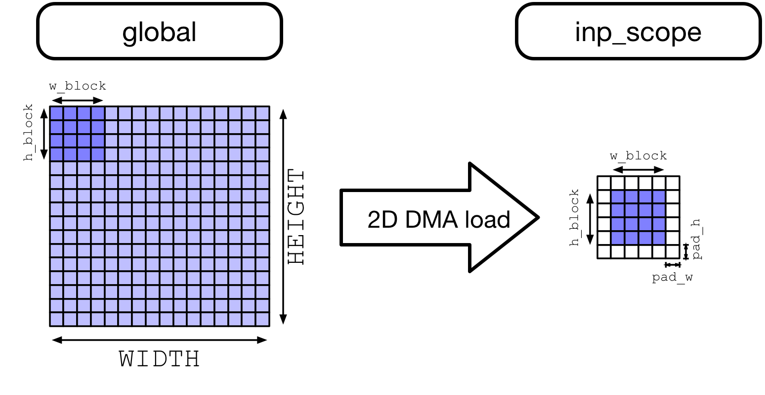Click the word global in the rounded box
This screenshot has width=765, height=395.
tap(159, 32)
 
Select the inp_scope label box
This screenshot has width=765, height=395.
tap(637, 32)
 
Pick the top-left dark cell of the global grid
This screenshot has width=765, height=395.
tap(57, 113)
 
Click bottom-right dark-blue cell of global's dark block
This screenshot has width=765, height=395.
tap(98, 154)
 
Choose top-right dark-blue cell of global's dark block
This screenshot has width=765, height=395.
tap(98, 113)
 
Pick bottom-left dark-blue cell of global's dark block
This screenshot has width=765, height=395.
tap(57, 154)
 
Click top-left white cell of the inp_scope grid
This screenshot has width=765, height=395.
tap(604, 183)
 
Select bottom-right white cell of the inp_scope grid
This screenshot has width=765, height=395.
tap(673, 251)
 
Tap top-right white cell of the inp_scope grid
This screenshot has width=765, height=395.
tap(673, 183)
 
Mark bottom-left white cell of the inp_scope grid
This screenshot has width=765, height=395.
tap(604, 251)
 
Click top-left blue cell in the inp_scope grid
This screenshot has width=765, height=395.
tap(618, 197)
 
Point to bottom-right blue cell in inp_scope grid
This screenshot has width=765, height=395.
tap(659, 238)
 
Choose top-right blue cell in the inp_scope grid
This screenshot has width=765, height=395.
tap(659, 197)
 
